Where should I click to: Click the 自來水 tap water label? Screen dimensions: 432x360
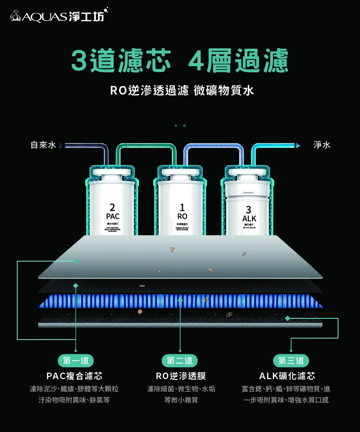pos(43,145)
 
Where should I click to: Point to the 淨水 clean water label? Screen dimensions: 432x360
pos(322,145)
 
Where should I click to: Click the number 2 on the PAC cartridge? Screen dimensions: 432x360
pos(113,208)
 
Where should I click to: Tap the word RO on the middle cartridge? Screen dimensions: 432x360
pos(182,217)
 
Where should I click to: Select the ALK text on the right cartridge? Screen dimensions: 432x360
pos(249,219)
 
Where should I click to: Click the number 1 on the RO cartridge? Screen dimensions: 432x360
pos(182,208)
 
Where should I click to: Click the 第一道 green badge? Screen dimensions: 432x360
pos(76,360)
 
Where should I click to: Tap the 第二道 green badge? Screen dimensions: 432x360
pos(180,360)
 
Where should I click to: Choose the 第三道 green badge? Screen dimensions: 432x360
pos(291,360)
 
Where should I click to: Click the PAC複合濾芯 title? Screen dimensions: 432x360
pos(74,376)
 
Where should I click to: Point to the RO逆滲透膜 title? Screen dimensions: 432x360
pos(181,376)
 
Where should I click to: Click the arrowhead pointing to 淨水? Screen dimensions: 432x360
pos(298,146)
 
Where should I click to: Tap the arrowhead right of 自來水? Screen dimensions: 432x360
pos(60,146)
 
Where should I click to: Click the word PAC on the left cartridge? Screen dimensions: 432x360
pos(113,217)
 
